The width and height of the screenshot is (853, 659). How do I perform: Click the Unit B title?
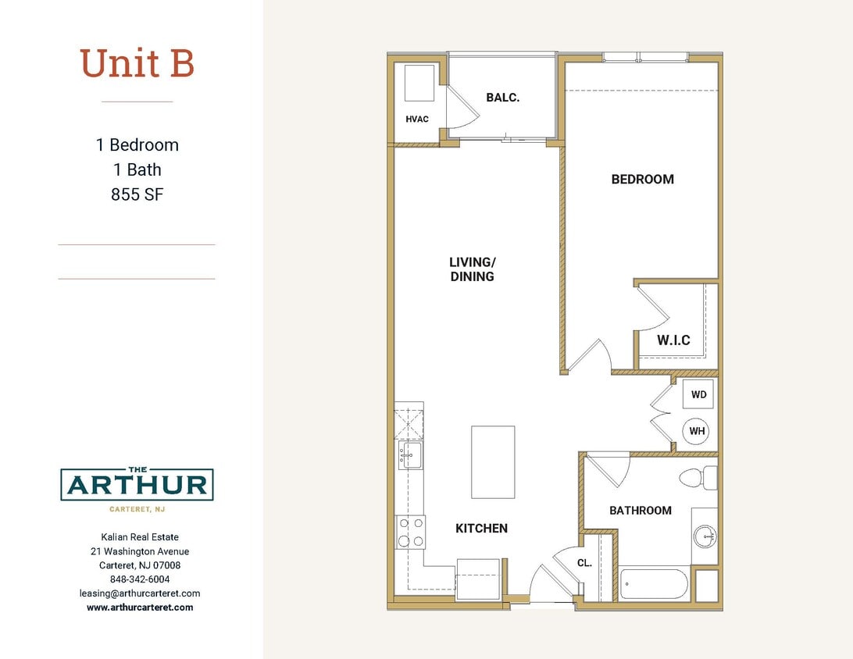click(x=137, y=63)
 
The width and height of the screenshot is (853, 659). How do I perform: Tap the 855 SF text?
click(x=137, y=194)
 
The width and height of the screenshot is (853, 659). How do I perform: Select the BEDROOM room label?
click(x=642, y=179)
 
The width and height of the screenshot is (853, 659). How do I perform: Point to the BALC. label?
click(x=502, y=98)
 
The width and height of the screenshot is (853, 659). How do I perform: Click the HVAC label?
click(x=417, y=119)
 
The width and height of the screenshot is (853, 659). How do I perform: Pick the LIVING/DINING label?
click(x=472, y=269)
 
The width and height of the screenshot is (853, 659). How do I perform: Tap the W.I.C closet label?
click(x=673, y=340)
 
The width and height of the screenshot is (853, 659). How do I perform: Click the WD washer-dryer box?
click(x=698, y=395)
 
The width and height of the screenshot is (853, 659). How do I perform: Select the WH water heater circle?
click(x=697, y=431)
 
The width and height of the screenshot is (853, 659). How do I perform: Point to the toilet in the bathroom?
click(x=697, y=477)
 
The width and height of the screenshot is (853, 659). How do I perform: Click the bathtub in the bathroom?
click(x=655, y=584)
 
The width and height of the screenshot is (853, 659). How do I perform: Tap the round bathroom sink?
click(x=705, y=536)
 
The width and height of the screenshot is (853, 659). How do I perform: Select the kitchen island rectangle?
click(x=493, y=461)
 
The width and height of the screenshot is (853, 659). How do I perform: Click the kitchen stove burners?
click(x=410, y=532)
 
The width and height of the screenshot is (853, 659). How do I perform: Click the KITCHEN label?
click(x=481, y=529)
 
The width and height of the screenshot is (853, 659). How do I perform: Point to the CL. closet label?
click(x=584, y=562)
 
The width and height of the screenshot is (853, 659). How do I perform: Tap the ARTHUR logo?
click(x=137, y=485)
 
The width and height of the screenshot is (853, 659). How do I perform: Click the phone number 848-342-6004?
click(x=140, y=579)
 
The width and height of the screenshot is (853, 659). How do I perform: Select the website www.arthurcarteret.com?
click(x=140, y=607)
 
